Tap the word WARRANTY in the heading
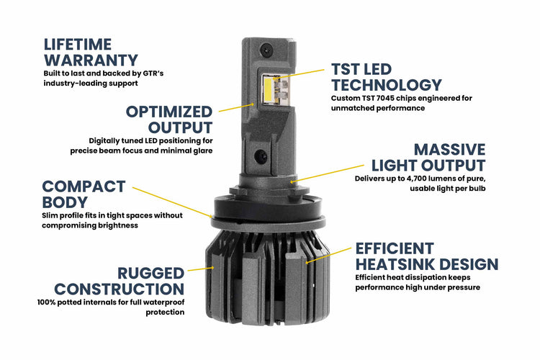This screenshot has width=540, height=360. tap(90, 60)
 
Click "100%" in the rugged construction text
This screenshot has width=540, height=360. tap(47, 302)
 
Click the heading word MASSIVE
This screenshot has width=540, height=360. tap(450, 150)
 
